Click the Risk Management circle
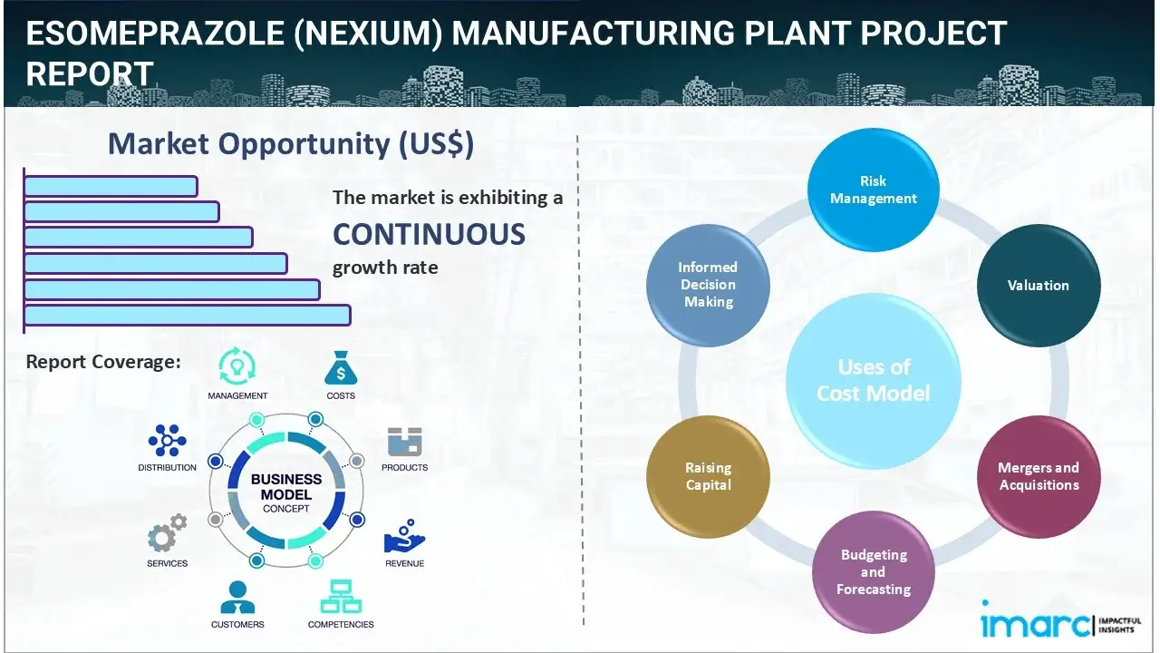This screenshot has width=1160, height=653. click(x=874, y=190)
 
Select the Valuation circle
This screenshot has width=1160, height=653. click(x=1038, y=285)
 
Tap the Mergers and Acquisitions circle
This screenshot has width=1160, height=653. click(x=1038, y=476)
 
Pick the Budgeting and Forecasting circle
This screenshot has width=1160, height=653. click(x=873, y=571)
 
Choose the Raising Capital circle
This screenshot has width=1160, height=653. click(x=708, y=476)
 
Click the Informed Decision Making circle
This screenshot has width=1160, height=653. click(x=708, y=285)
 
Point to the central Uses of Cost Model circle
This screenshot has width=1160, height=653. click(x=874, y=380)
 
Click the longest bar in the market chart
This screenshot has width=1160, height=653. click(x=187, y=315)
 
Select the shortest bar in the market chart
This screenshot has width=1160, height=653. click(x=111, y=186)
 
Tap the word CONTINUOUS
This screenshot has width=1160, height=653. click(x=429, y=234)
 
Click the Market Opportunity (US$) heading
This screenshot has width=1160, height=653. click(x=290, y=144)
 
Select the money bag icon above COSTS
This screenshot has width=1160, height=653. click(x=340, y=369)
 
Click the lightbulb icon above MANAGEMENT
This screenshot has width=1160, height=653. click(x=237, y=366)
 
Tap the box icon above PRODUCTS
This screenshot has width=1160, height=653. click(x=404, y=443)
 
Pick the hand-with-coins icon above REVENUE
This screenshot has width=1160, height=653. click(x=403, y=537)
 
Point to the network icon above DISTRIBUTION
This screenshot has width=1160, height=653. click(x=167, y=441)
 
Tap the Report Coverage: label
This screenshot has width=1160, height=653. click(x=103, y=362)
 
